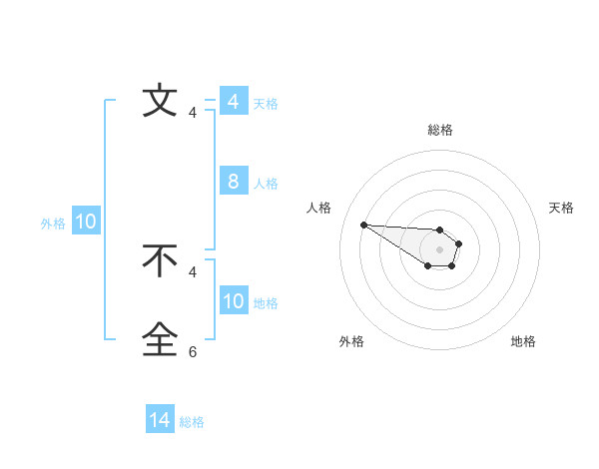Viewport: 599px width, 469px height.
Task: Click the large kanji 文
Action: (x=160, y=101)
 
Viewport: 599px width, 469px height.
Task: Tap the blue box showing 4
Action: (x=233, y=102)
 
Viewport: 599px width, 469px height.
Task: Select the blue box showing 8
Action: (x=233, y=182)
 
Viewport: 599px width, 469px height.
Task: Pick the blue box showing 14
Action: (x=160, y=420)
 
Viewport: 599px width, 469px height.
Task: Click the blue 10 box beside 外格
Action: (x=86, y=222)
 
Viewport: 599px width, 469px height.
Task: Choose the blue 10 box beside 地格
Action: (x=233, y=301)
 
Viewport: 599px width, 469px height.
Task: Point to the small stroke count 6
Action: (x=193, y=352)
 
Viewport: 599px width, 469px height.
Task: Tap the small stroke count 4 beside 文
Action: (x=193, y=113)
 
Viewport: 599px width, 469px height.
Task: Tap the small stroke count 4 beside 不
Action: (x=193, y=271)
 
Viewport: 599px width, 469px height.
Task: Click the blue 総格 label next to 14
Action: (x=192, y=422)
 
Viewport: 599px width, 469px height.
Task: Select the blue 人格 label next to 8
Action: (x=266, y=184)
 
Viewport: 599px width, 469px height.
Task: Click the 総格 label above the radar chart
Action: (x=439, y=130)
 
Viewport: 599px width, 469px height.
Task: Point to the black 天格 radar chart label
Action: (x=561, y=208)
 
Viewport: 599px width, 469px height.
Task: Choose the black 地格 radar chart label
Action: (x=523, y=341)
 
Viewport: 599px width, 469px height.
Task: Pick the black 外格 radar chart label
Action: (x=351, y=341)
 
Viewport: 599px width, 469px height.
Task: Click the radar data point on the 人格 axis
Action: (x=363, y=225)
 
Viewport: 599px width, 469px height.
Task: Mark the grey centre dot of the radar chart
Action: (x=439, y=249)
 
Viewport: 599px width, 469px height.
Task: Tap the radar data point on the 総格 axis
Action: (x=439, y=230)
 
